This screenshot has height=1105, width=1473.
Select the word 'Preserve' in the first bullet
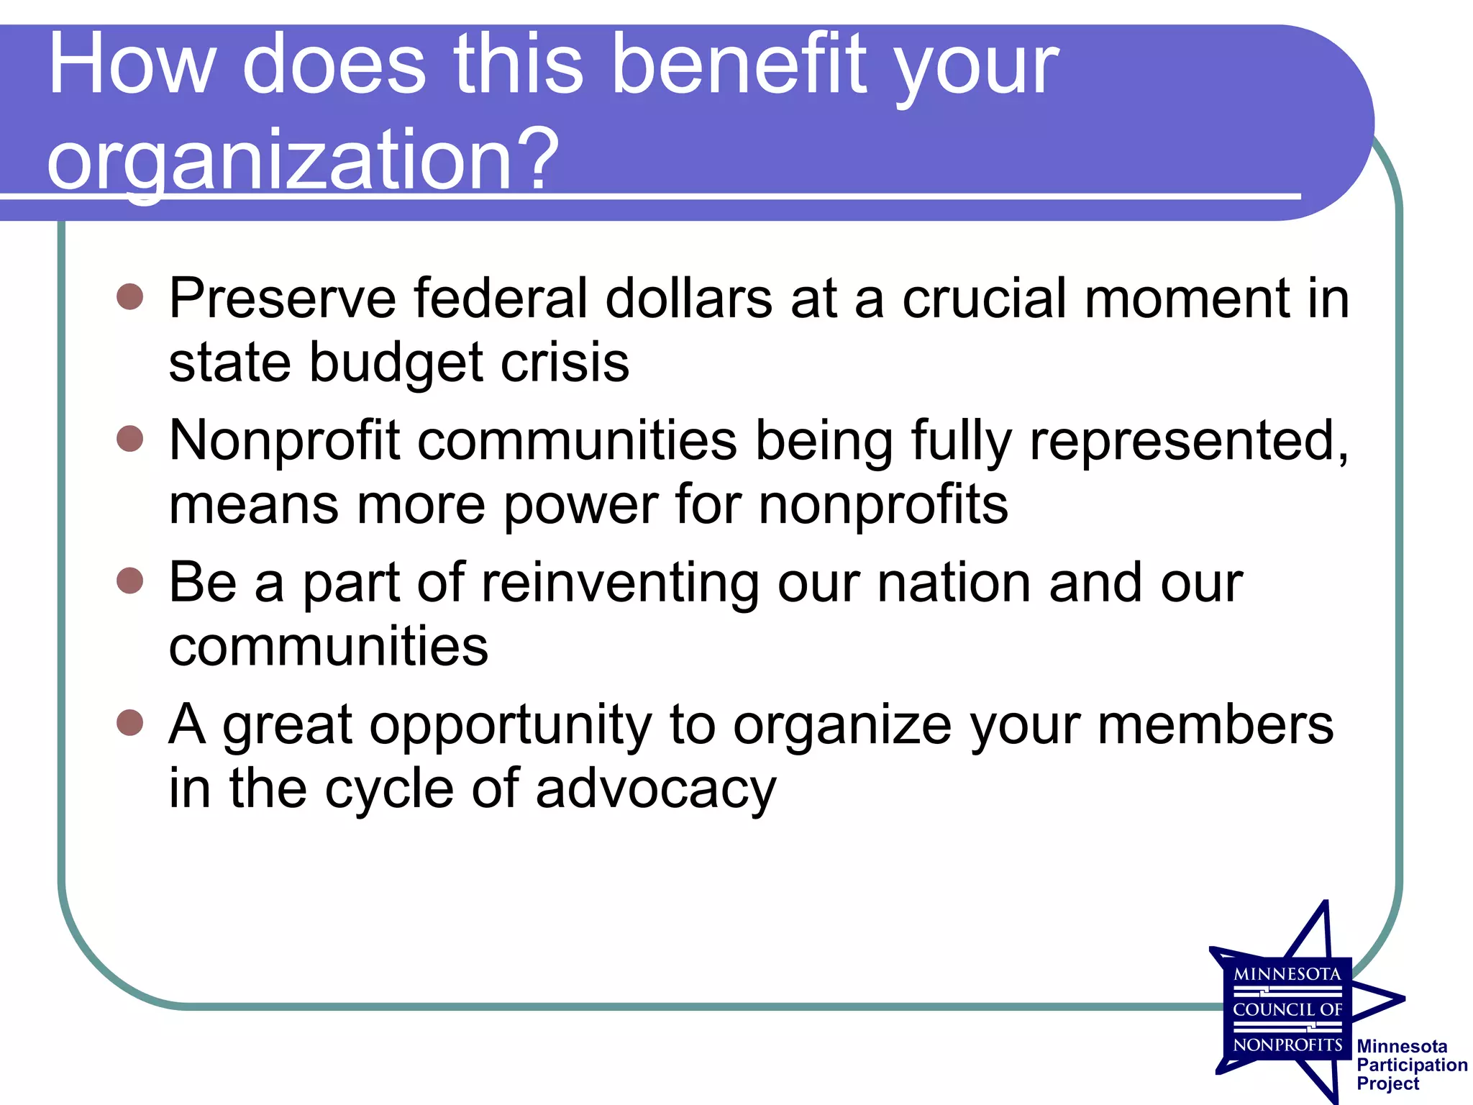point(282,299)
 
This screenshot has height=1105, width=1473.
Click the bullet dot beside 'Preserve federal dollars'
point(130,296)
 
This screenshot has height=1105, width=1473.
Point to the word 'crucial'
point(985,299)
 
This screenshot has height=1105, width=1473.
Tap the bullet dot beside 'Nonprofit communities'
point(130,438)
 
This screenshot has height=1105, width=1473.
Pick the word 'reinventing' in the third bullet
point(620,583)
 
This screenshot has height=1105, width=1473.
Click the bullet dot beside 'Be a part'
point(130,580)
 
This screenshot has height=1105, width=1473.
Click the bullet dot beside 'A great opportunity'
point(130,722)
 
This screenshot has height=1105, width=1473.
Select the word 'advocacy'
point(656,789)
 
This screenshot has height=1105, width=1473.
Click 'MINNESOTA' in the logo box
point(1287,975)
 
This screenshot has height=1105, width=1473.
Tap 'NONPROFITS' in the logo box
point(1287,1045)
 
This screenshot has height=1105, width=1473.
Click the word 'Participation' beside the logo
point(1412,1065)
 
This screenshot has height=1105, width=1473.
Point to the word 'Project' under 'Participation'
point(1387,1083)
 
